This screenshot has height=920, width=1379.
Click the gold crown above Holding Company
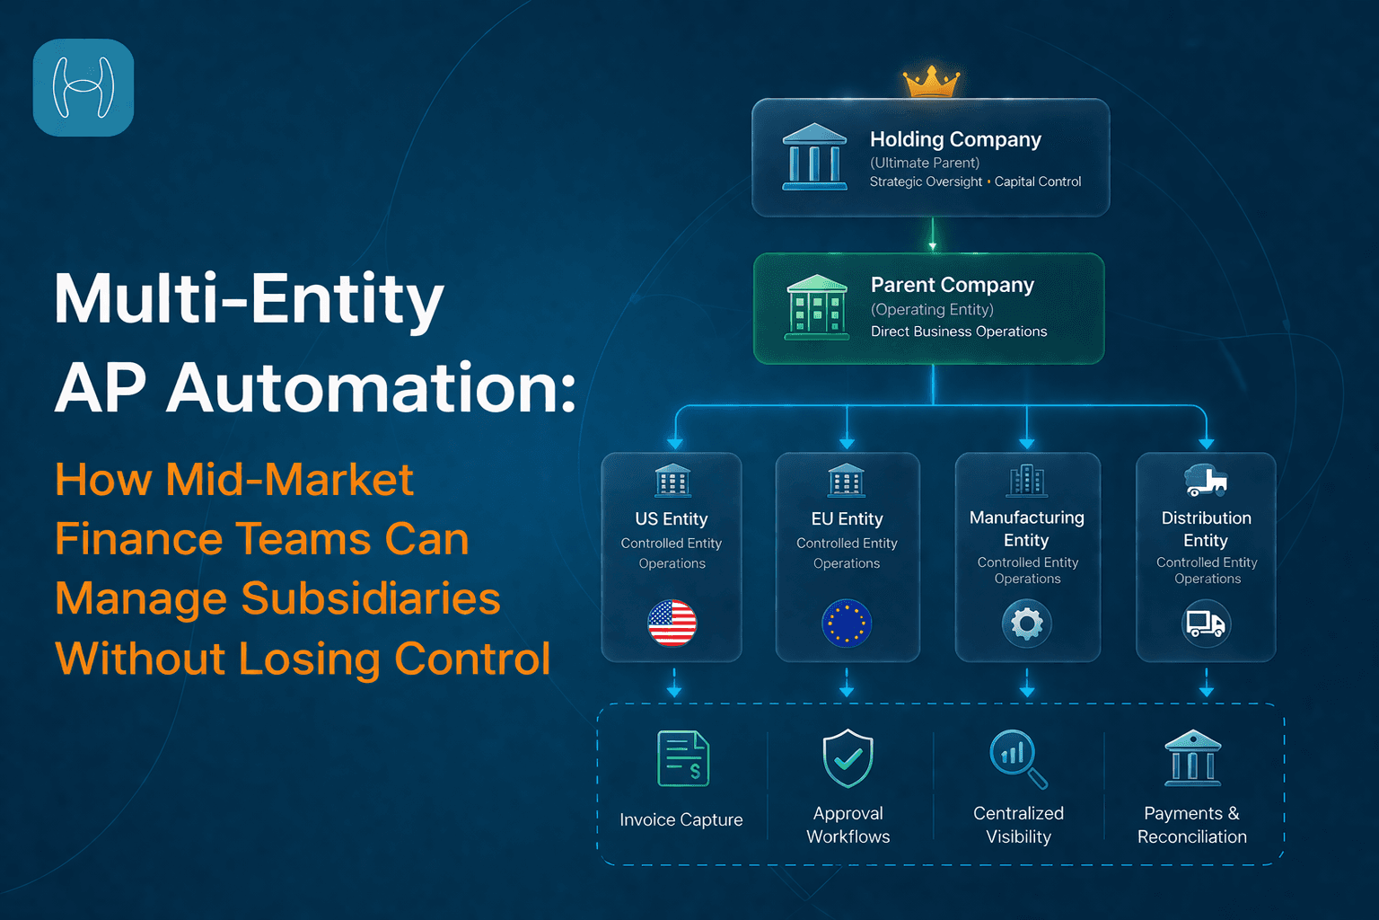pyautogui.click(x=931, y=83)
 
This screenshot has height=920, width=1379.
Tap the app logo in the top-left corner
pyautogui.click(x=83, y=88)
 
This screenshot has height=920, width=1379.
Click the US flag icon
pyautogui.click(x=672, y=623)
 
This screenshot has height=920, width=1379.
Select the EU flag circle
pyautogui.click(x=847, y=623)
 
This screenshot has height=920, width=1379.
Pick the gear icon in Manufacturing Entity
pyautogui.click(x=1027, y=623)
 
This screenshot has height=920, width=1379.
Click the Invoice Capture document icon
pyautogui.click(x=683, y=759)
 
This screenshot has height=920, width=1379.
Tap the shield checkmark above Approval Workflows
pyautogui.click(x=848, y=758)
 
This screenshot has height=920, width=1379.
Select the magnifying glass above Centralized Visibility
pyautogui.click(x=1017, y=758)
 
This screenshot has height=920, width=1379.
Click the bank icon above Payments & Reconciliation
pyautogui.click(x=1192, y=757)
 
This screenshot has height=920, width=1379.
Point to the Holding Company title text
pyautogui.click(x=955, y=139)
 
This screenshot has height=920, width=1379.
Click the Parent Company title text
pyautogui.click(x=952, y=285)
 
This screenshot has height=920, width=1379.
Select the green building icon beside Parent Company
pyautogui.click(x=816, y=307)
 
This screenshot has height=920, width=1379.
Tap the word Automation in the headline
pyautogui.click(x=369, y=388)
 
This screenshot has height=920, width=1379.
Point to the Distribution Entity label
pyautogui.click(x=1206, y=528)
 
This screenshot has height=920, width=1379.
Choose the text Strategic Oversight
pyautogui.click(x=926, y=181)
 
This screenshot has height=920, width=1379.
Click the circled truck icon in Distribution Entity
pyautogui.click(x=1206, y=623)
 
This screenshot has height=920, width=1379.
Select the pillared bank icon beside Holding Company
pyautogui.click(x=814, y=157)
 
